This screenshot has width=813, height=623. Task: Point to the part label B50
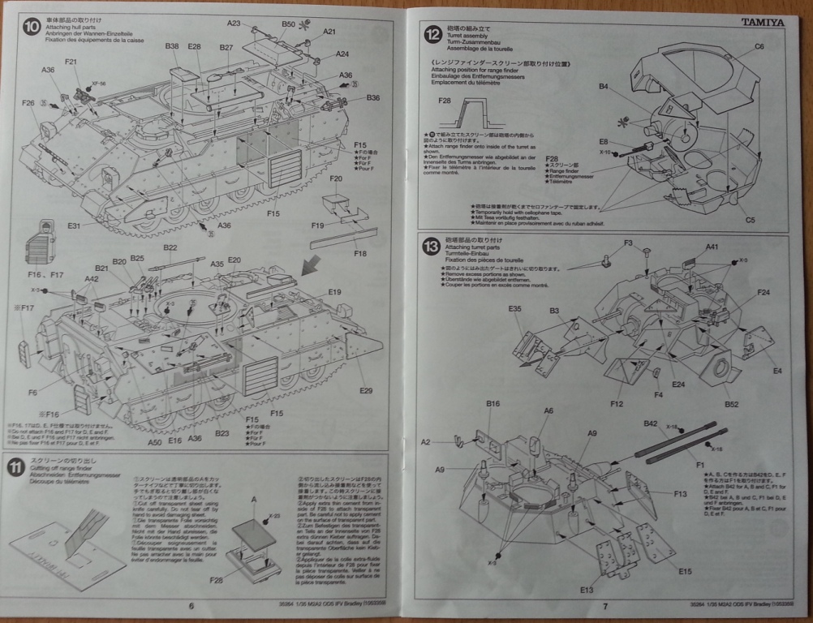[289, 25]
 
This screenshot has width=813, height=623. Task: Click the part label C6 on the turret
[759, 46]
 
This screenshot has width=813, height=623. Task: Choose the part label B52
[730, 404]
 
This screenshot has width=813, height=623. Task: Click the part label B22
[170, 248]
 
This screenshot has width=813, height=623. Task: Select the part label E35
[514, 309]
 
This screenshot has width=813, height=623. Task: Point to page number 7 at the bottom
[604, 606]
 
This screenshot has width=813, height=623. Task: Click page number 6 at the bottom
[191, 605]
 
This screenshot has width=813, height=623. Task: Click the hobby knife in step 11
[90, 526]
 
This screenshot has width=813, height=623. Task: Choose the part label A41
[712, 247]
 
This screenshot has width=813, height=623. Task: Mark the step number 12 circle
[433, 34]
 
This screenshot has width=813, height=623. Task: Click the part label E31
[75, 225]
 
